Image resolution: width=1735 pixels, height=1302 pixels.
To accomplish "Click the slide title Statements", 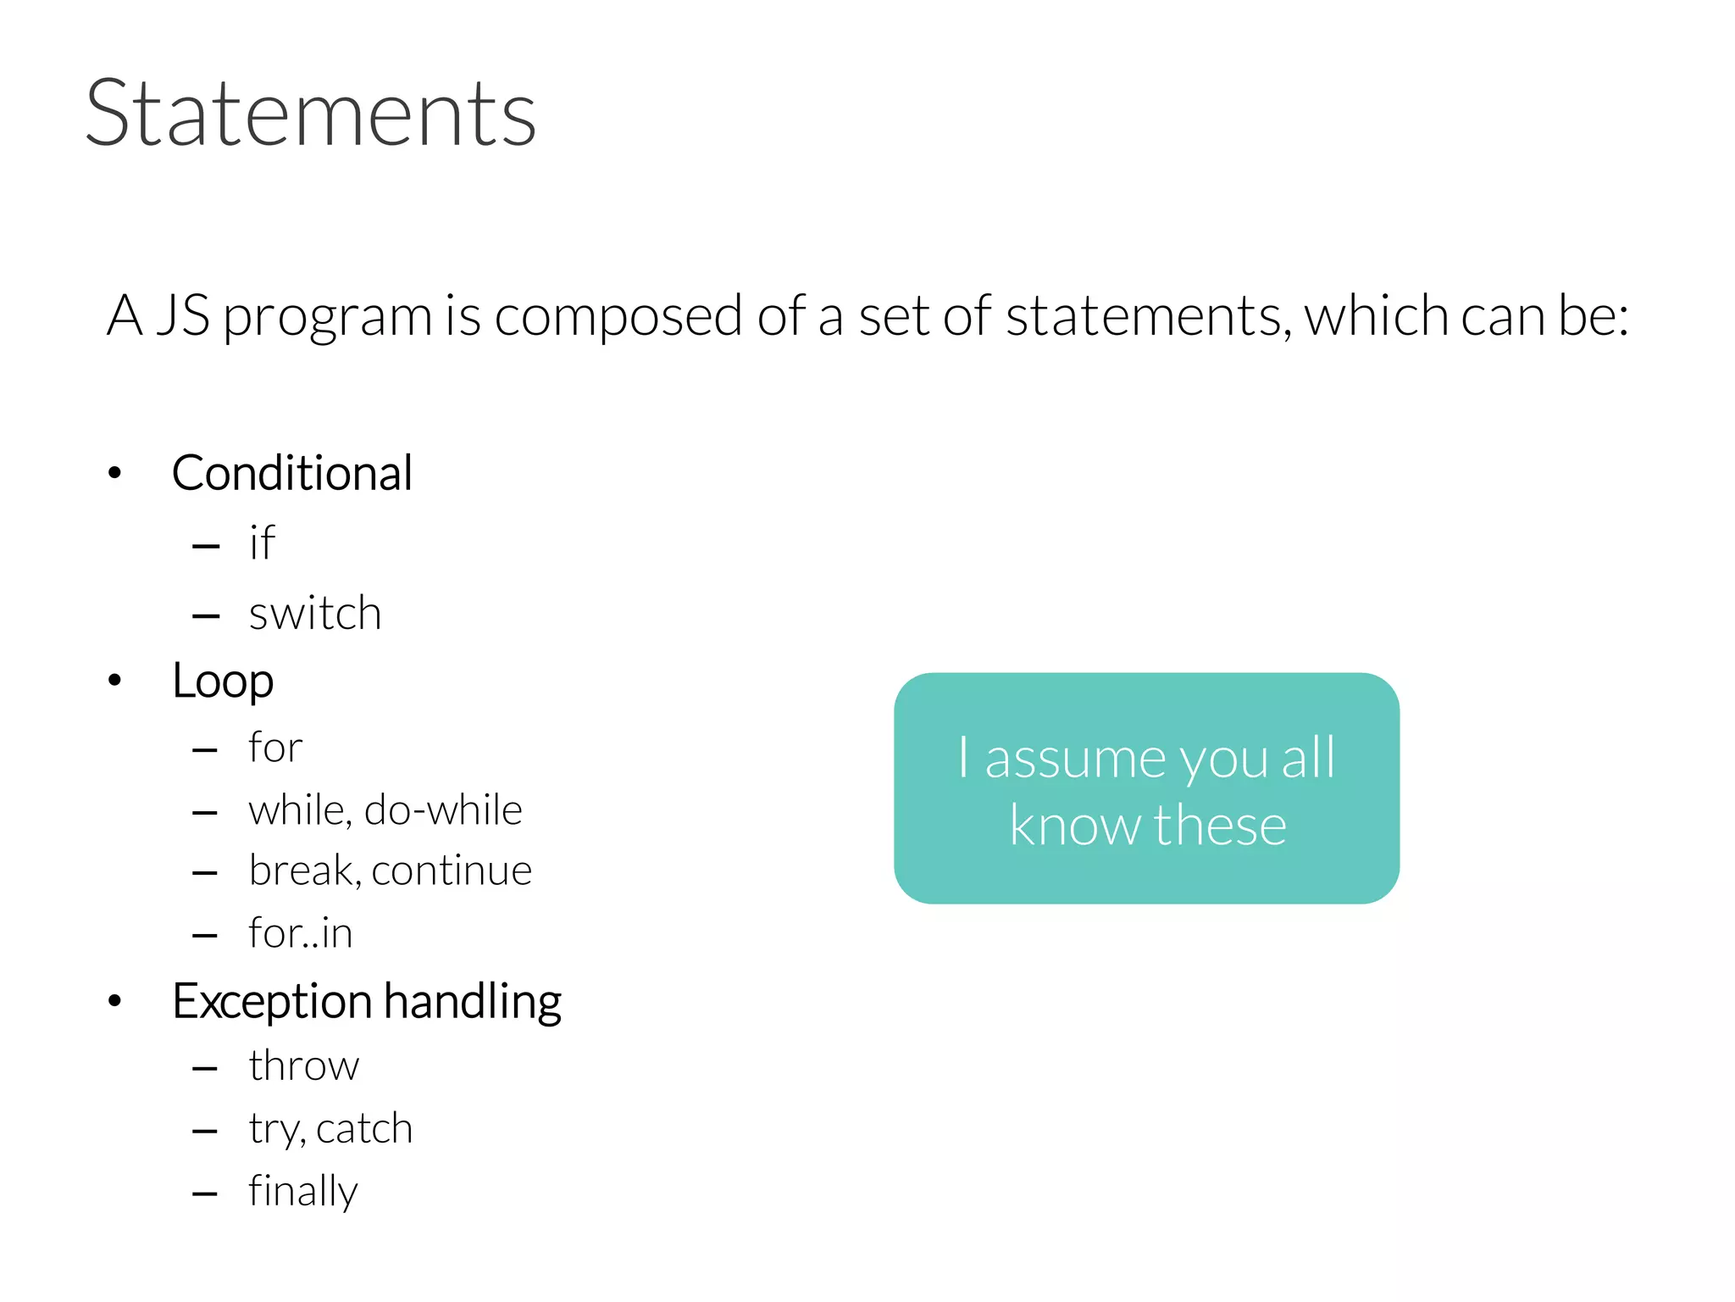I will coord(310,114).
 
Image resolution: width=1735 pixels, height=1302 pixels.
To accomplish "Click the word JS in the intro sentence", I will coord(183,316).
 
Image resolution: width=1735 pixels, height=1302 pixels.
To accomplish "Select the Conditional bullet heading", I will coord(291,473).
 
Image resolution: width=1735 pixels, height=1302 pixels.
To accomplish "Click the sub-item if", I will coord(262,542).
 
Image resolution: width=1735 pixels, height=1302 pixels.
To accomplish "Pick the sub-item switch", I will coord(314,613).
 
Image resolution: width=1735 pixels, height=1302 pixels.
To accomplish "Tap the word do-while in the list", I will coord(443,810).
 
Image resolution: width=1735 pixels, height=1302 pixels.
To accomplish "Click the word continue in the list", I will coord(452,871).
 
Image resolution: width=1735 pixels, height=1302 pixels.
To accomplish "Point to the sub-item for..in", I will coord(300,933).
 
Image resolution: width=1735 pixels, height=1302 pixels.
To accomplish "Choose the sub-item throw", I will coord(303,1066).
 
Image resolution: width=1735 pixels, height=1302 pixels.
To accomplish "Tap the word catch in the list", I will coord(364,1129).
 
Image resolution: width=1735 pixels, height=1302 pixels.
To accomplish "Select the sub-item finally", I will coord(302,1192).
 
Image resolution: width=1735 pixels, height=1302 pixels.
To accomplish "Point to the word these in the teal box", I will coord(1220,826).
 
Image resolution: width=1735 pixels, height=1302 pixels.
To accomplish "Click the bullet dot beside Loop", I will coord(115,680).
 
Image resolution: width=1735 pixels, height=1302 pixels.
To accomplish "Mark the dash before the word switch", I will coord(206,616).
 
